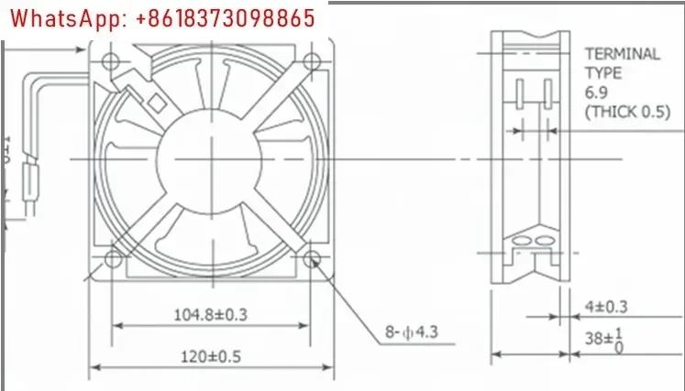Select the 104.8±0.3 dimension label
[x=211, y=315]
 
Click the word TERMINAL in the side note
[x=622, y=53]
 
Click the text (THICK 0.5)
[x=622, y=112]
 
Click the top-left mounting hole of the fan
[x=111, y=60]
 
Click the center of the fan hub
[x=210, y=157]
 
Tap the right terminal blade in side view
[x=547, y=93]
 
